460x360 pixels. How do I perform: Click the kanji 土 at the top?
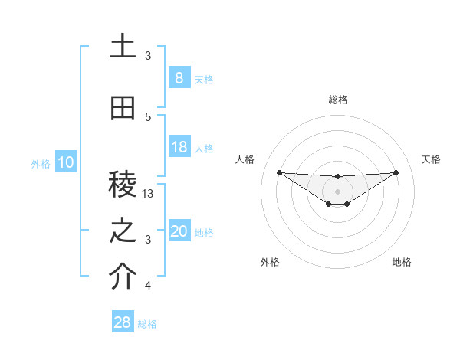point(123,47)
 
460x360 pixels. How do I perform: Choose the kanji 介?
point(123,278)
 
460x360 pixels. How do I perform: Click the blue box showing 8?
point(179,78)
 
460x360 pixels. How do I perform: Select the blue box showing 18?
point(179,147)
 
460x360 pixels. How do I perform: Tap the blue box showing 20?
point(179,231)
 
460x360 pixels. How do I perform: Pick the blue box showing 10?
point(65,162)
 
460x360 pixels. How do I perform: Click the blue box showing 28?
point(123,323)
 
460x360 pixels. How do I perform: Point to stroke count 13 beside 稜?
point(149,194)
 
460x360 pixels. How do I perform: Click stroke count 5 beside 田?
point(149,116)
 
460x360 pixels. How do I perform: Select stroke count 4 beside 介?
point(149,286)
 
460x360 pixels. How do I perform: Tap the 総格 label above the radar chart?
point(337,100)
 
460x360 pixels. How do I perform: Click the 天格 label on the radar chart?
point(431,159)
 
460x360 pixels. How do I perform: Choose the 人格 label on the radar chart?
point(245,159)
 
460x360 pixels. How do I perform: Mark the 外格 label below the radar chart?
point(270,262)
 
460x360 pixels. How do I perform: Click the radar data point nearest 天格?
point(396,172)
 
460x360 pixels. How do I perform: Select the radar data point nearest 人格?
point(279,172)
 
